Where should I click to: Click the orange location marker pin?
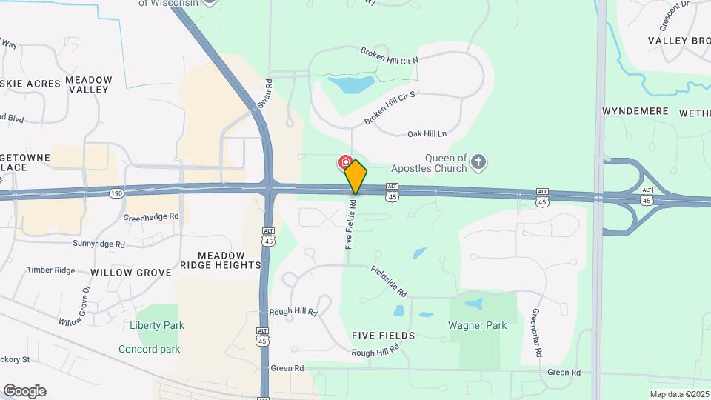pos(355,176)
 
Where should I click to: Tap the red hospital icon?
pos(345,161)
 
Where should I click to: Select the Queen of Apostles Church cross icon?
pos(479,162)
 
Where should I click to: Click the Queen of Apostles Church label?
pos(445,162)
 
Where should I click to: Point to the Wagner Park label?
pos(477,325)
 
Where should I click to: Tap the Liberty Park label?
pos(156,325)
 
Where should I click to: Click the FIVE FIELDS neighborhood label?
pos(384,336)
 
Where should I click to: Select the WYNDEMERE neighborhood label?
pos(635,111)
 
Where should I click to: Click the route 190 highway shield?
pos(116,194)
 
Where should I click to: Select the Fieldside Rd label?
pos(390,281)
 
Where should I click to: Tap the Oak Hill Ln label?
pos(427,134)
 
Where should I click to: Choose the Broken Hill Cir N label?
pos(390,55)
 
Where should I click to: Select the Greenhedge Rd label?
pos(151,217)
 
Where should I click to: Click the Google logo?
pos(24,391)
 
